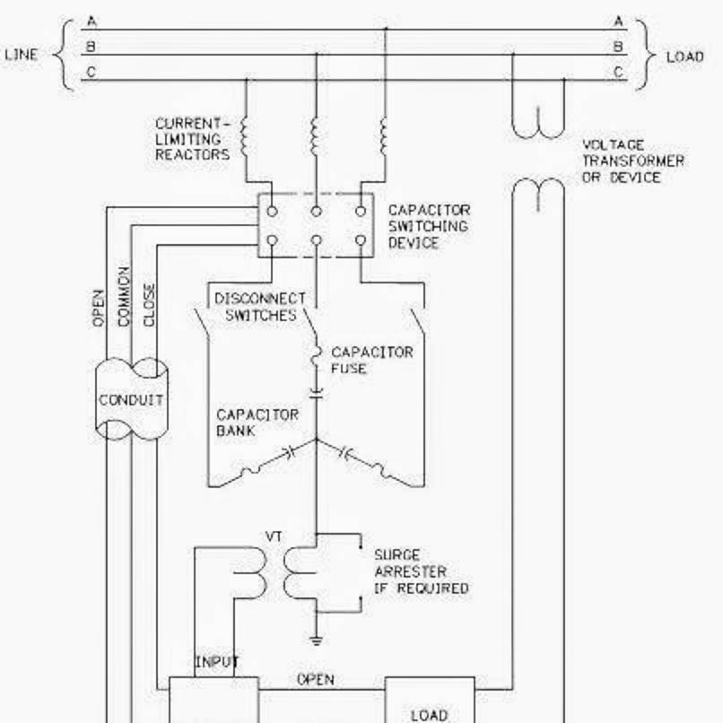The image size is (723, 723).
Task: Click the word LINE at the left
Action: tap(22, 55)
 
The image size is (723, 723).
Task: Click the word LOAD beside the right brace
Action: tap(684, 57)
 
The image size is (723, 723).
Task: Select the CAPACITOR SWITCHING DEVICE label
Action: tap(428, 226)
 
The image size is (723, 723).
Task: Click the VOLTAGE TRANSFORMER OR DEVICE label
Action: tap(632, 161)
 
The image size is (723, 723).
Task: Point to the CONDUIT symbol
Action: tap(131, 400)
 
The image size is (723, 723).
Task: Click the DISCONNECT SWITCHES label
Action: tap(260, 307)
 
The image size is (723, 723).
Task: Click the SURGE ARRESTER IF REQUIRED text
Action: tap(421, 571)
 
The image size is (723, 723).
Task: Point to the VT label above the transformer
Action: tap(274, 536)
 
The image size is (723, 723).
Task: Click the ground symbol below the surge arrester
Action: tap(315, 640)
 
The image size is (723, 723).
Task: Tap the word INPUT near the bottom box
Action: tap(217, 663)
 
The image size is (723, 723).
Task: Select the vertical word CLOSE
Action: tap(149, 306)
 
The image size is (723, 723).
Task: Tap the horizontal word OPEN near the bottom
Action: tap(315, 679)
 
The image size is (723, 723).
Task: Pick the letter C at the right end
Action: tap(618, 72)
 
